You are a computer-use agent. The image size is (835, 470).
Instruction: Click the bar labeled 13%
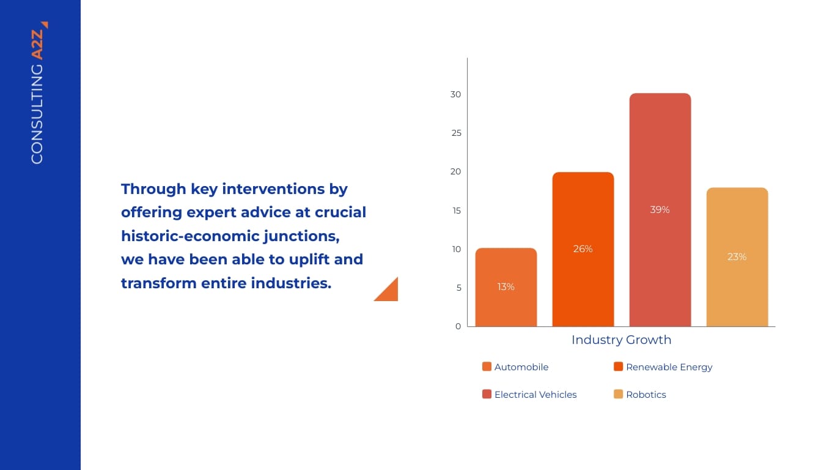click(x=506, y=287)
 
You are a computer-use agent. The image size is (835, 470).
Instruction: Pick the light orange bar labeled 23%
click(x=737, y=257)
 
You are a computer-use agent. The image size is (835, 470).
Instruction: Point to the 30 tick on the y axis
click(x=455, y=95)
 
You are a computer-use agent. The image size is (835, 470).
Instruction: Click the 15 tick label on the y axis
click(x=455, y=211)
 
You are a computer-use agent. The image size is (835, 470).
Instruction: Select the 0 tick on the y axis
click(x=458, y=326)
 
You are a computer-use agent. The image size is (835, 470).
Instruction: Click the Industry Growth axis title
click(x=621, y=340)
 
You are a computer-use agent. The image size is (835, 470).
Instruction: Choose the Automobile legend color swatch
click(x=487, y=367)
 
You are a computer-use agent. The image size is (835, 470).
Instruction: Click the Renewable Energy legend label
click(x=669, y=367)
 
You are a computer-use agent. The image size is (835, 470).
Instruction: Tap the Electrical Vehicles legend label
click(x=535, y=395)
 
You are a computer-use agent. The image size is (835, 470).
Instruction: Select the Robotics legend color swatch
click(x=618, y=395)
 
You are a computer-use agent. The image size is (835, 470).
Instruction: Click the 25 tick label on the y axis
click(x=455, y=133)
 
